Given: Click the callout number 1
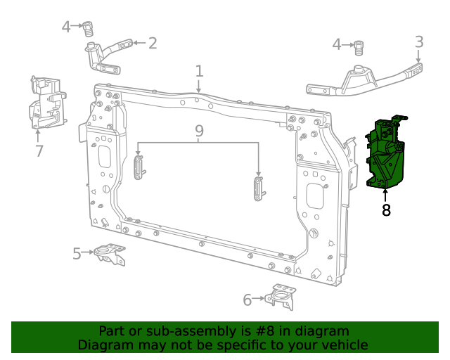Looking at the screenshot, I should coord(199,72).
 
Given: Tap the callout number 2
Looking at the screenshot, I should coord(152,43).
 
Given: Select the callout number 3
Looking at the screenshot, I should coord(419,41).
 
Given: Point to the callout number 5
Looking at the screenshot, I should coord(77,253).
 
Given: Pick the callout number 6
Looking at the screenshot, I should coord(247,300).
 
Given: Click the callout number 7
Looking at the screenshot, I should coord(39,150).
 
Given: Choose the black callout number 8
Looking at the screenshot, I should coord(386,210).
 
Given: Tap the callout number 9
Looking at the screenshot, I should coord(199,131).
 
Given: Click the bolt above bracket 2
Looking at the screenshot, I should coord(89,29).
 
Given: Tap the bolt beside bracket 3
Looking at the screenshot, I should coord(359,46).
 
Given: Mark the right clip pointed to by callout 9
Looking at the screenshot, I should coord(258,188).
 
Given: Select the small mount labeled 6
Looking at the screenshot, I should coord(283,297).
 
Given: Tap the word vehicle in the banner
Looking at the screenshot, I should coord(343,345).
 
